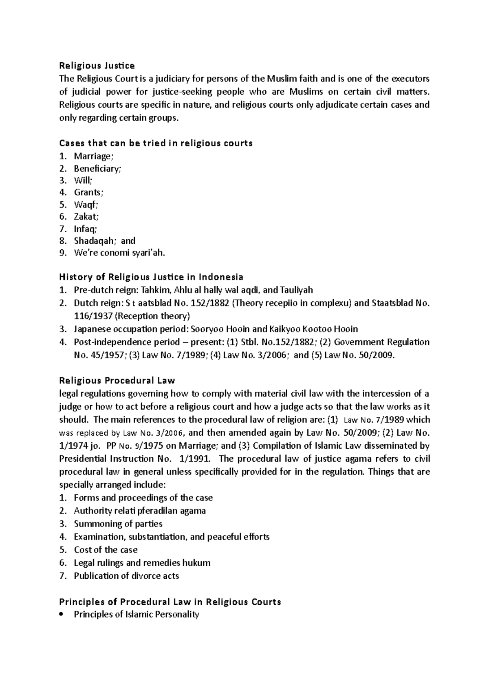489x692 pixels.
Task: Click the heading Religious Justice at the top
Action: pos(97,66)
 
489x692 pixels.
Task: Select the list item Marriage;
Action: pos(93,156)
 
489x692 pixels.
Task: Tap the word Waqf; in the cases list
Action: pos(86,205)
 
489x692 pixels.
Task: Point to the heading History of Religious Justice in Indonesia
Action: pos(151,277)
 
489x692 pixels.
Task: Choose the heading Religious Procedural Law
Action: pos(117,381)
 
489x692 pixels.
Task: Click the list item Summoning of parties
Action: pos(118,524)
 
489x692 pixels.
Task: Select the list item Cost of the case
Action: pos(106,550)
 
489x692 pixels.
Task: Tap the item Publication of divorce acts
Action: pos(126,576)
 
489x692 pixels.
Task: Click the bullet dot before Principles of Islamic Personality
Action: pos(62,615)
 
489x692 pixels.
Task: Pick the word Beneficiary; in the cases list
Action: pos(97,169)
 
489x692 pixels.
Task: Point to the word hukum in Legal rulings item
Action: pos(197,563)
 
